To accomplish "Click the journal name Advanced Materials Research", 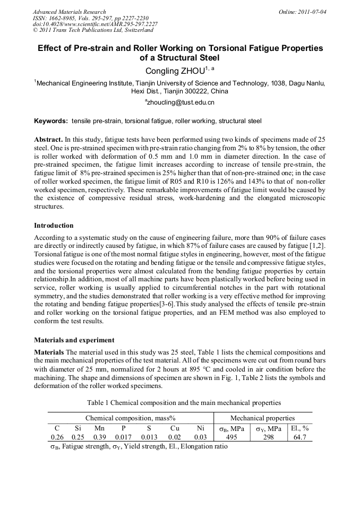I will pos(70,12).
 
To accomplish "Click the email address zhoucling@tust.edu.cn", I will pos(179,101).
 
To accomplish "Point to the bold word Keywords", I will pos(51,121).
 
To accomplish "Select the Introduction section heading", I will pos(55,226).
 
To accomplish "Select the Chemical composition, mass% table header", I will pos(130,418).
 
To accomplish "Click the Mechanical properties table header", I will pos(262,418).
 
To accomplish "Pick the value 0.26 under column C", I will pos(57,437).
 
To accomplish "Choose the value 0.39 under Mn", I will pos(99,437).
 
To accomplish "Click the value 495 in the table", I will pos(232,437).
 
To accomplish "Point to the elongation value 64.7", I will pos(299,437).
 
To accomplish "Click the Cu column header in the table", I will pos(175,428).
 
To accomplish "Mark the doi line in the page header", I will pos(95,24).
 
